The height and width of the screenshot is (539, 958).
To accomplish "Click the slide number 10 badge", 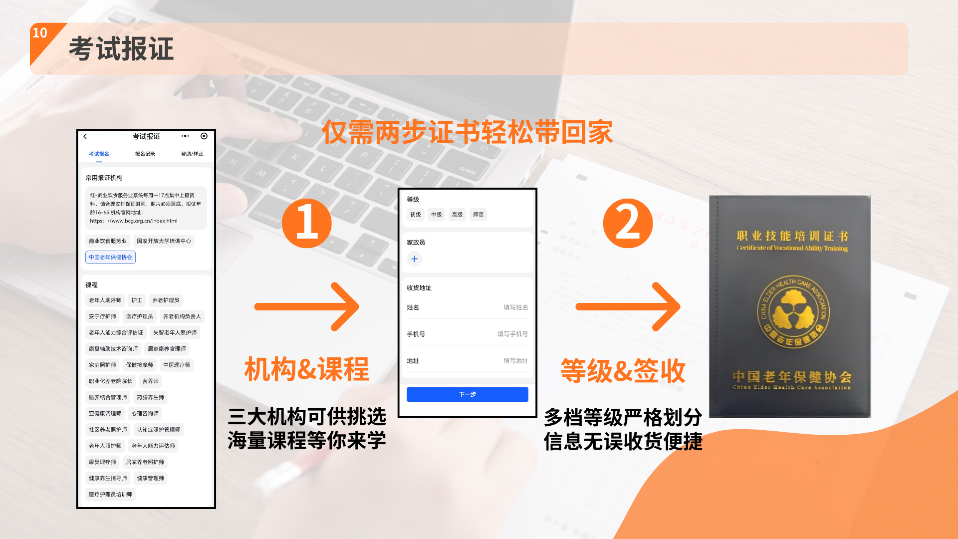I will pyautogui.click(x=40, y=33).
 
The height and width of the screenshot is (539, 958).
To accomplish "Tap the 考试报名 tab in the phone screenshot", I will pyautogui.click(x=99, y=154).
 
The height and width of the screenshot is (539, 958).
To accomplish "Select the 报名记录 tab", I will pyautogui.click(x=145, y=154).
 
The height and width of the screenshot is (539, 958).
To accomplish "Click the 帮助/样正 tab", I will pyautogui.click(x=192, y=154).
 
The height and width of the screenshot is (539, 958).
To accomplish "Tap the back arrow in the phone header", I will pyautogui.click(x=85, y=136).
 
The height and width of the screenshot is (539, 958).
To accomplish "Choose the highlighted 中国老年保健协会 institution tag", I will pyautogui.click(x=110, y=257).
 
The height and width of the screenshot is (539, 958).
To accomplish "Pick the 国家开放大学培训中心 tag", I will pyautogui.click(x=164, y=241).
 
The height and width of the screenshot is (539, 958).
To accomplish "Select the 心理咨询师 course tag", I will pyautogui.click(x=145, y=413).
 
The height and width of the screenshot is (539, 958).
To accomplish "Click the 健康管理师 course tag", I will pyautogui.click(x=150, y=478).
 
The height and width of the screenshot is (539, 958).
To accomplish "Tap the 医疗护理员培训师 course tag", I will pyautogui.click(x=110, y=494).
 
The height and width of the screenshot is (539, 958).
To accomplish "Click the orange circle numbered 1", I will pyautogui.click(x=306, y=223).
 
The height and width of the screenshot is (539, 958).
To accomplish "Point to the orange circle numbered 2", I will pyautogui.click(x=628, y=223).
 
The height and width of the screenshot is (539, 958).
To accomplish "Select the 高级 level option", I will pyautogui.click(x=457, y=215).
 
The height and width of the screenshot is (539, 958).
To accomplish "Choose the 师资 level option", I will pyautogui.click(x=478, y=215).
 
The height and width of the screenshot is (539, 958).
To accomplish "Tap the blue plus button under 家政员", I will pyautogui.click(x=414, y=259).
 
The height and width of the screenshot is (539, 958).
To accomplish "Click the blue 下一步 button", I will pyautogui.click(x=467, y=394).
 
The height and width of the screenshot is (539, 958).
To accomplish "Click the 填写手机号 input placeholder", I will pyautogui.click(x=512, y=334).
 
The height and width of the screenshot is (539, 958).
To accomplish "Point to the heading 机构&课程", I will pyautogui.click(x=306, y=369).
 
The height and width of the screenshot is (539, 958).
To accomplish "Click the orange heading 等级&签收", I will pyautogui.click(x=623, y=371).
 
